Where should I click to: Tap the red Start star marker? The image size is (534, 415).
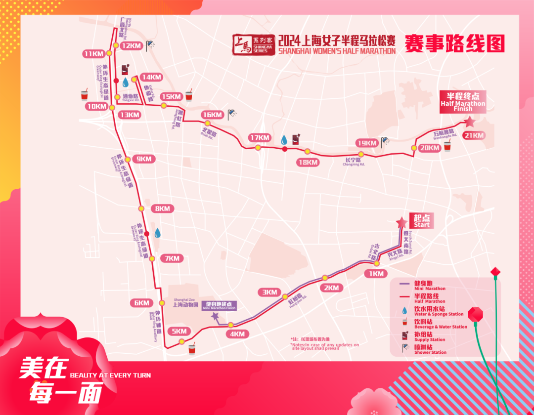[401, 223]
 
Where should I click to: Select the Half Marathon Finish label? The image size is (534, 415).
[463, 101]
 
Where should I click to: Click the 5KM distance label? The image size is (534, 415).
[179, 331]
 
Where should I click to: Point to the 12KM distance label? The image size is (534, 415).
[131, 45]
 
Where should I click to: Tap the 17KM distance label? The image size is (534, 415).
[260, 137]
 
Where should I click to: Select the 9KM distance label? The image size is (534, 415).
[144, 159]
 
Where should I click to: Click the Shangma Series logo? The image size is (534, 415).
[251, 44]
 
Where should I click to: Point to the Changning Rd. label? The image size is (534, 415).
[354, 162]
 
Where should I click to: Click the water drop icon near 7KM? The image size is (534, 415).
[158, 233]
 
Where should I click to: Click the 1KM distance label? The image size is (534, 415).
[375, 274]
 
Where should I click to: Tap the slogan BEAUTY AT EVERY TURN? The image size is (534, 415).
[110, 375]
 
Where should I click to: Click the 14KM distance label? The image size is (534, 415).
[151, 77]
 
